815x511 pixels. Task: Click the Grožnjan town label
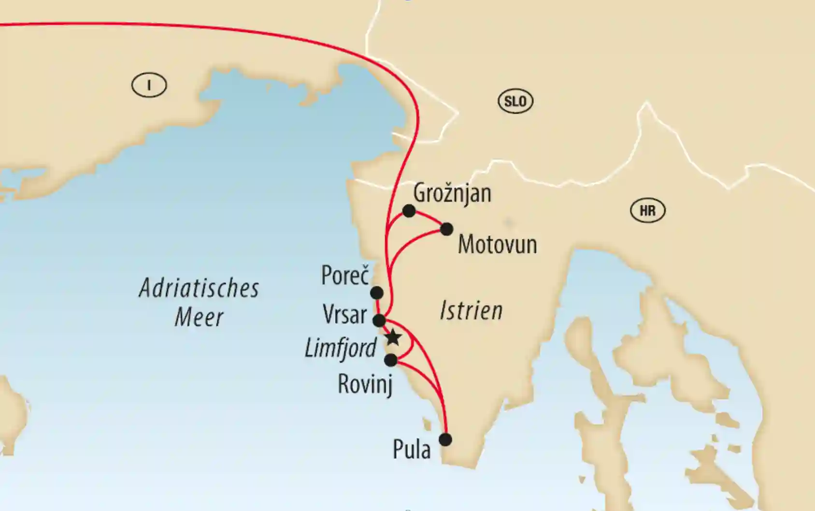pyautogui.click(x=452, y=193)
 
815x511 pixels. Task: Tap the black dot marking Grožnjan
pyautogui.click(x=409, y=211)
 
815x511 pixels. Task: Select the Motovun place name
pyautogui.click(x=497, y=244)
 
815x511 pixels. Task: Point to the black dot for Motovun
pyautogui.click(x=446, y=229)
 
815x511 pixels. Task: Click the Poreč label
pyautogui.click(x=345, y=276)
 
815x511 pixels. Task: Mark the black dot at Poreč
pyautogui.click(x=376, y=292)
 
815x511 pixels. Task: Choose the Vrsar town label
pyautogui.click(x=345, y=315)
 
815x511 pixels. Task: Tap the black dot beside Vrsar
pyautogui.click(x=379, y=320)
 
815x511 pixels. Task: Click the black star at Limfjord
pyautogui.click(x=393, y=337)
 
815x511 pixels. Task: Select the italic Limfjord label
pyautogui.click(x=341, y=348)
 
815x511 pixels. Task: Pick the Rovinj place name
pyautogui.click(x=365, y=384)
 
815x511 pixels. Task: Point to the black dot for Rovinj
pyautogui.click(x=390, y=360)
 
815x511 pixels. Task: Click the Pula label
pyautogui.click(x=412, y=450)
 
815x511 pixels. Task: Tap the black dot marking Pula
pyautogui.click(x=445, y=439)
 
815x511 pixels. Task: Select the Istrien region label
pyautogui.click(x=471, y=310)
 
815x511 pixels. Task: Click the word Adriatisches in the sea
pyautogui.click(x=199, y=289)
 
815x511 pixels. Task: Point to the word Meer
pyautogui.click(x=199, y=318)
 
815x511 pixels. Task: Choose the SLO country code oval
pyautogui.click(x=515, y=102)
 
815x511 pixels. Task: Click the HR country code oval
pyautogui.click(x=647, y=211)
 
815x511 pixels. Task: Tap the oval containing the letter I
pyautogui.click(x=149, y=86)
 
